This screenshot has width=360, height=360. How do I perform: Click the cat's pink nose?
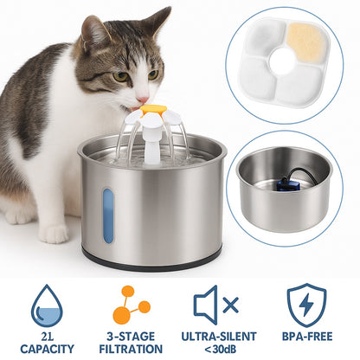click(143, 100)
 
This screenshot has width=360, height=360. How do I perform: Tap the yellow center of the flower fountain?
click(153, 109)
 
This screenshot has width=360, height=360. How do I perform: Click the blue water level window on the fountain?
click(108, 215)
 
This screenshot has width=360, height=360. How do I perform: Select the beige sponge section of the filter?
click(306, 42)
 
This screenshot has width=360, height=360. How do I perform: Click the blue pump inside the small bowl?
click(286, 184)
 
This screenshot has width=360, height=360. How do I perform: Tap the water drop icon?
click(47, 305)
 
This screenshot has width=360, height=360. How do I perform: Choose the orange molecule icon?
click(132, 305)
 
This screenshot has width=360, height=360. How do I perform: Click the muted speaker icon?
click(216, 305)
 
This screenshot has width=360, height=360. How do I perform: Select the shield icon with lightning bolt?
click(306, 305)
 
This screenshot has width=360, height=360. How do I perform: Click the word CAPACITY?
click(47, 349)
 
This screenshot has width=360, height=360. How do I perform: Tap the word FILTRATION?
click(131, 349)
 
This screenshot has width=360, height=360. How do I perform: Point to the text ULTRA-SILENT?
click(219, 337)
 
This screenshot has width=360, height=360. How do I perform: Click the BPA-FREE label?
click(307, 337)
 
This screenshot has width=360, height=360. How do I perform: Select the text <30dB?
click(220, 349)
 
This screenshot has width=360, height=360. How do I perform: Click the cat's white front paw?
click(54, 233)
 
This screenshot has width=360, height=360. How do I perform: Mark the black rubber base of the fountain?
click(151, 261)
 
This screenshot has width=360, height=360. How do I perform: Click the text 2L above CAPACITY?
click(47, 337)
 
